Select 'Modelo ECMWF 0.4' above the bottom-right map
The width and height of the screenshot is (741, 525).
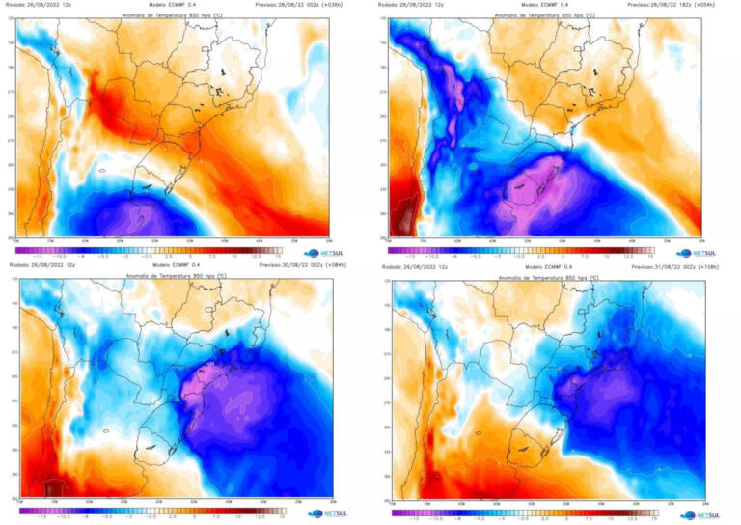point(546,267)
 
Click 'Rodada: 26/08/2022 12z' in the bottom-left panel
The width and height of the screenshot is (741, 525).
point(43,265)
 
